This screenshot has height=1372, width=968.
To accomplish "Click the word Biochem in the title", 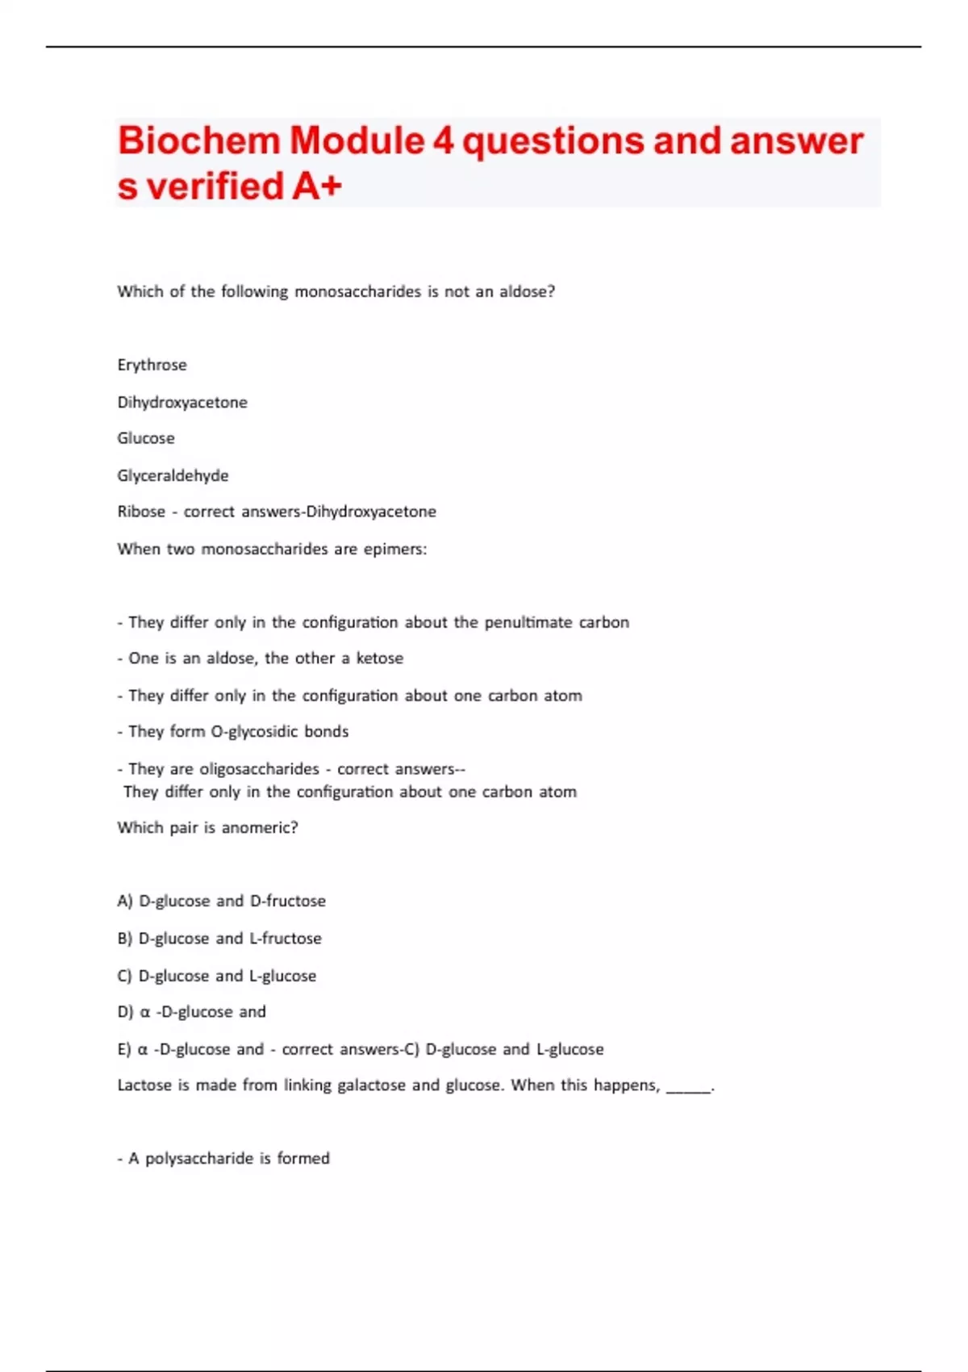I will point(198,142).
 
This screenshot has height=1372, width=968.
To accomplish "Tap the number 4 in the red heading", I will point(444,142).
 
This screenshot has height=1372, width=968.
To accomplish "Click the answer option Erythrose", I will point(152,365).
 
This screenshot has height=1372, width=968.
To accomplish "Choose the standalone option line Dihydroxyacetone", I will point(182,402).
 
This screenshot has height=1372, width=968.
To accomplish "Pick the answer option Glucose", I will point(146,438).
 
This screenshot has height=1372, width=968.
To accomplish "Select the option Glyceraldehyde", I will point(173,475).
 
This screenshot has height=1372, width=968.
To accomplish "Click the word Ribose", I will point(141,512).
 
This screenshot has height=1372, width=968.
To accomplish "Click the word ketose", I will point(379,659).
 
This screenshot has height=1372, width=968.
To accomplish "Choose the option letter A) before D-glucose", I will point(125,901).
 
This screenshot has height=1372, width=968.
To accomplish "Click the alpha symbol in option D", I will point(145,1012).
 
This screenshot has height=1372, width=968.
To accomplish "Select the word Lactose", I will point(144,1085).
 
